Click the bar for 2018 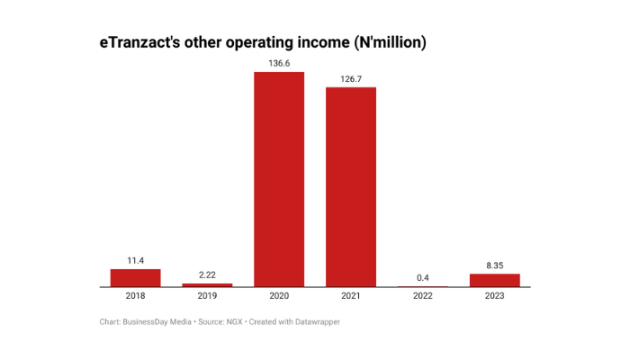(135, 278)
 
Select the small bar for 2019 (207, 285)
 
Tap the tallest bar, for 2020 (279, 179)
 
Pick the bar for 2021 (351, 187)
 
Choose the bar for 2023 (494, 280)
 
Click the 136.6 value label (279, 63)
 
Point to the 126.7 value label (351, 79)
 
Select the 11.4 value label (135, 261)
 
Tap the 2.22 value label (207, 274)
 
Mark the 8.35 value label (494, 265)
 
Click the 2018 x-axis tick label (135, 296)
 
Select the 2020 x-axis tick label (279, 296)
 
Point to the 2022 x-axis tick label (423, 296)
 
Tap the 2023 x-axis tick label (494, 296)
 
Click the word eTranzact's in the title (139, 42)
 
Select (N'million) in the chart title (379, 42)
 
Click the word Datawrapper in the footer (316, 321)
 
